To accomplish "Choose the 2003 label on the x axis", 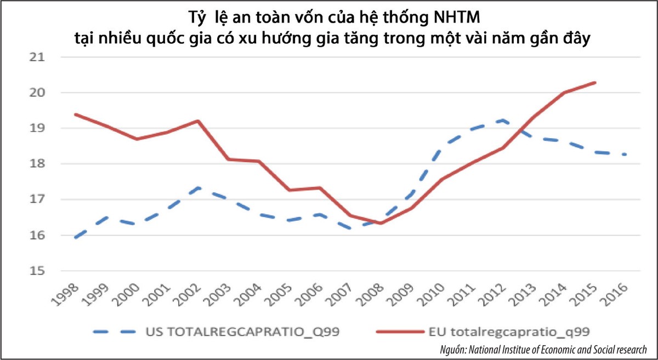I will pos(225,296).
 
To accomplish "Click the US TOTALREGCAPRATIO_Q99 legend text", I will pos(231,331).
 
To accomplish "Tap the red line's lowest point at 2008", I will pos(380,223).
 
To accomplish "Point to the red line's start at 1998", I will pos(75,115).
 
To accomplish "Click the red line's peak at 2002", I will pos(198,121).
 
